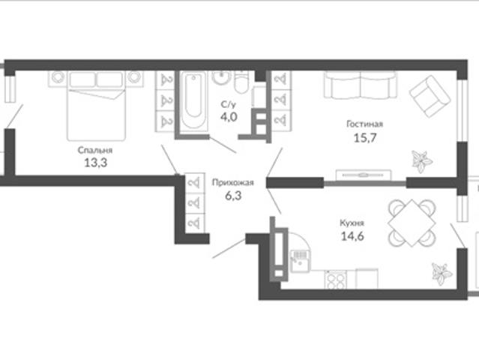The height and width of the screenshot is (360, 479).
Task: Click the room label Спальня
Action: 95,150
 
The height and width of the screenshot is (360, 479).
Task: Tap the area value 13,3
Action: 96,163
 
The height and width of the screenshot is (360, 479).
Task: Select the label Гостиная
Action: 364,124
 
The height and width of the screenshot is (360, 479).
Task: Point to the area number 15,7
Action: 365,138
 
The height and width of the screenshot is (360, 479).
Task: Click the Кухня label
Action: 352,223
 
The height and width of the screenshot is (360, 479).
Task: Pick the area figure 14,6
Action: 352,236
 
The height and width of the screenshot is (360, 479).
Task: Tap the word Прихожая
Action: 233,183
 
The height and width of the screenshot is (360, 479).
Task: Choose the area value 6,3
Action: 233,196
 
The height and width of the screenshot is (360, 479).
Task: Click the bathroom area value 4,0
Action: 229,117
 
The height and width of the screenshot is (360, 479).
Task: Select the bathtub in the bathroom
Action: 193,101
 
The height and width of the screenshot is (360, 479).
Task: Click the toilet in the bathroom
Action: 242,82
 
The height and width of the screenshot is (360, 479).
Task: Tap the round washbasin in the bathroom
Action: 222,77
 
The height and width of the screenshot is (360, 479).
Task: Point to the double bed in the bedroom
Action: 96,106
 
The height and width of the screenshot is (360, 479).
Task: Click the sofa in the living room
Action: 360,85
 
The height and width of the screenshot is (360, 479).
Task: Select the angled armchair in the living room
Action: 430,96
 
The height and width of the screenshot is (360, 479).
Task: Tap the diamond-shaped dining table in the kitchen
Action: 412,223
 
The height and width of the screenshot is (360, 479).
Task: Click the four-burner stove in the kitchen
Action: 335,279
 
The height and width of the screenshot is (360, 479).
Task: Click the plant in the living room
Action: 421,161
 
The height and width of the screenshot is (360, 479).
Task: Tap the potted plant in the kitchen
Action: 442,274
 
